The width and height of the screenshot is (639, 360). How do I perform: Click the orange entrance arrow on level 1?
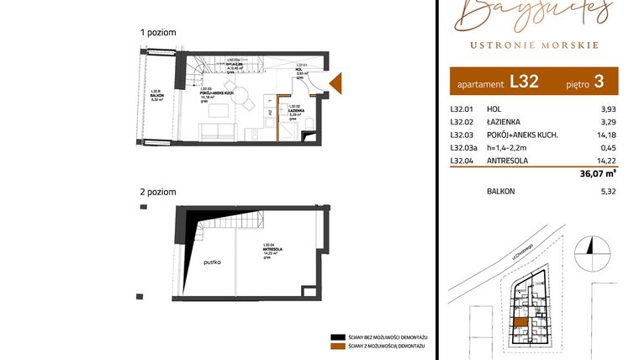click(x=335, y=82)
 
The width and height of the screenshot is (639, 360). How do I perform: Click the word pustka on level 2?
click(x=211, y=262)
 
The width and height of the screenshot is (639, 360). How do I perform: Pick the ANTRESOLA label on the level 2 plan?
click(x=270, y=247)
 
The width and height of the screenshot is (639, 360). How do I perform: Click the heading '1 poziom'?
click(x=158, y=32)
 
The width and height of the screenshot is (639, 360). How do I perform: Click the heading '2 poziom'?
click(x=158, y=193)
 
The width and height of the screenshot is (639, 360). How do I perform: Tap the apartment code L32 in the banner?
click(x=524, y=82)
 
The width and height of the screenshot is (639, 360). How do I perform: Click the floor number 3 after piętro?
click(x=599, y=82)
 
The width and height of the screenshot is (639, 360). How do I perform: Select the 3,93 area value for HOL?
click(x=609, y=109)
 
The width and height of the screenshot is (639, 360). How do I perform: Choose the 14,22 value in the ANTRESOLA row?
click(x=607, y=161)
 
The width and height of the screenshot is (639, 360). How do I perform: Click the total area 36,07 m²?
click(x=598, y=174)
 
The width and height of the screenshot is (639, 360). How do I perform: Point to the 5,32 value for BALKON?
click(x=608, y=192)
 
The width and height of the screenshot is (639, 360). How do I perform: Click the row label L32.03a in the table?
click(x=464, y=148)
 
